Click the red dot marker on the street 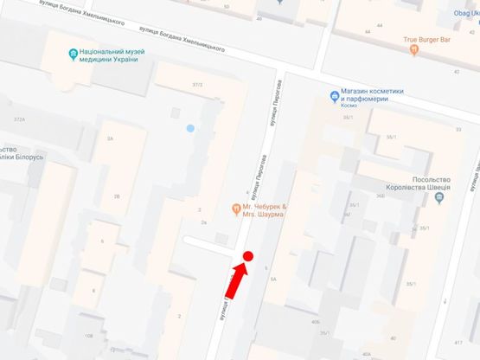247,256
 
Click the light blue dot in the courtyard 190,129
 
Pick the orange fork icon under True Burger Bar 414,50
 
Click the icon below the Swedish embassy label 439,199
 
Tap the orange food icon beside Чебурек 235,208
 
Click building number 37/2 197,84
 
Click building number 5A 273,280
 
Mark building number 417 458,344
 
